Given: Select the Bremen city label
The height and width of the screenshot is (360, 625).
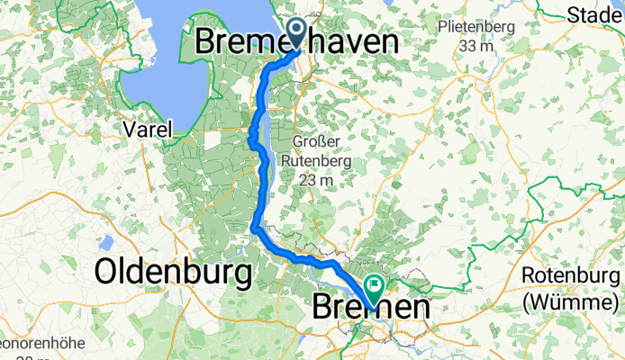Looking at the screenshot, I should click(370, 308).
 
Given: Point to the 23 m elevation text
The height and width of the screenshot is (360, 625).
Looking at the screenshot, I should click(314, 180).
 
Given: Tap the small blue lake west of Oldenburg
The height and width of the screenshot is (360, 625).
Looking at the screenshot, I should click(106, 243).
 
